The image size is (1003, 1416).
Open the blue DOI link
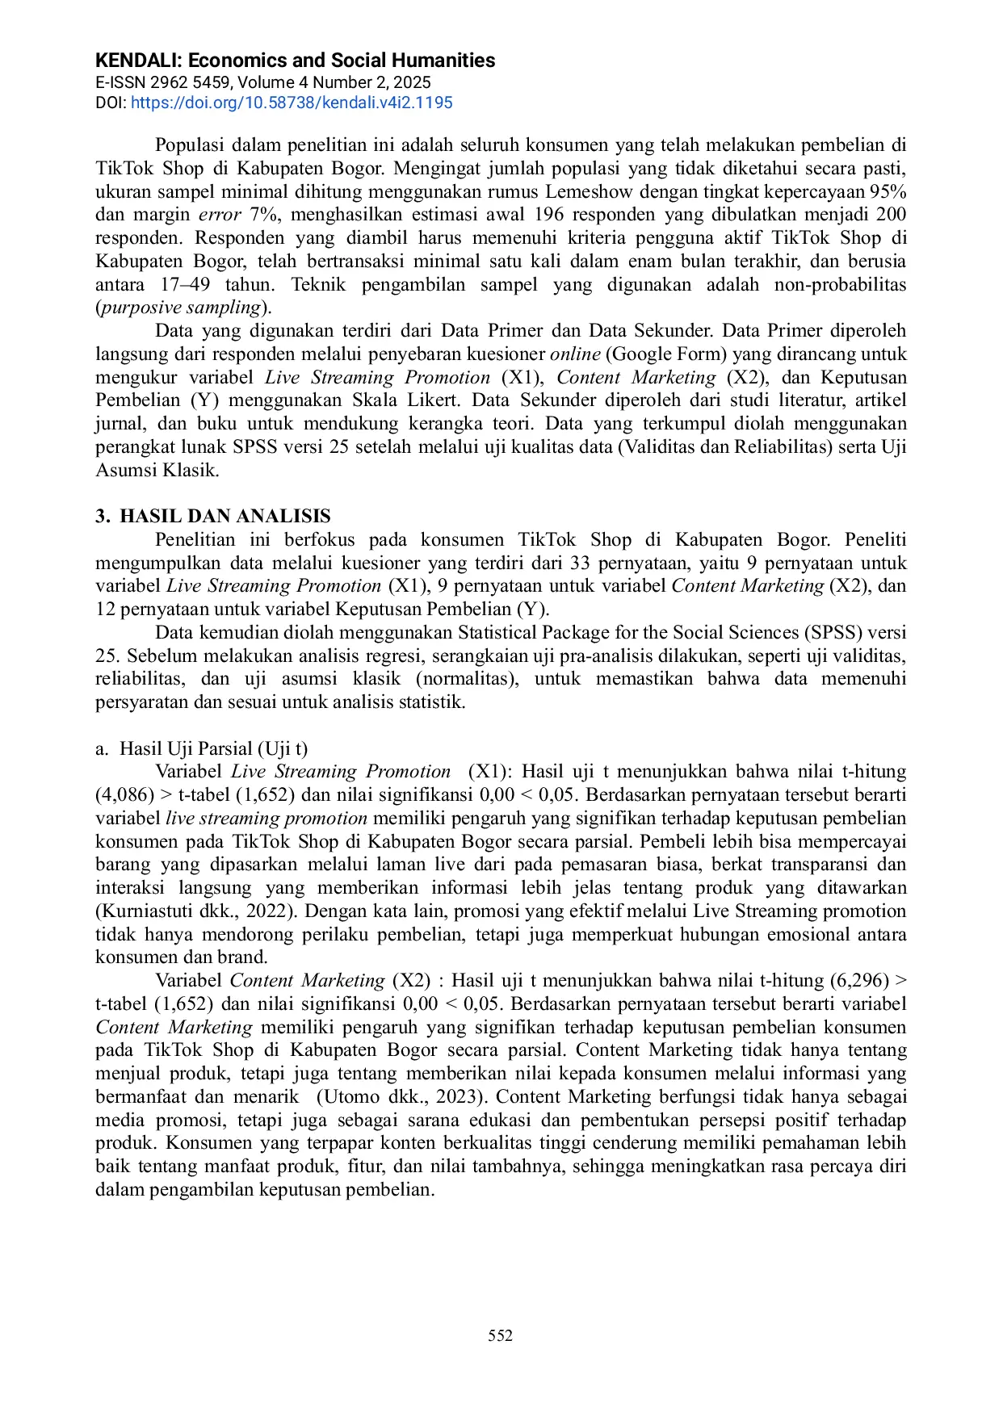tap(292, 103)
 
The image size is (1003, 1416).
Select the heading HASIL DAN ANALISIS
tap(225, 517)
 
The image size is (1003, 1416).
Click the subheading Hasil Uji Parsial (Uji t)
tap(213, 748)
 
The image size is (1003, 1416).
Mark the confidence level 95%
tap(888, 191)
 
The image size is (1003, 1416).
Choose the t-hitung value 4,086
tap(125, 795)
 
